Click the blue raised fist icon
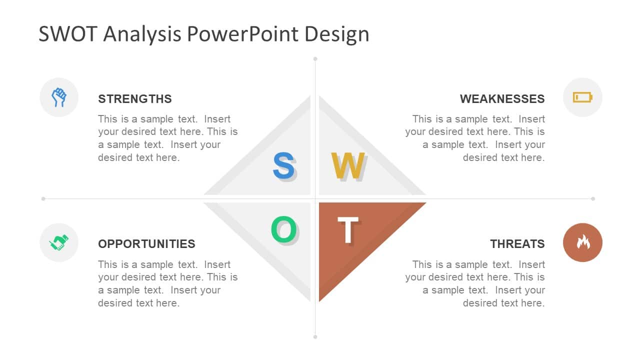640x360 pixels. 59,97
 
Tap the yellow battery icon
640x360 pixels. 582,97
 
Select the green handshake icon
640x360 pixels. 59,242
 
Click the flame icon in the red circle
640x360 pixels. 583,242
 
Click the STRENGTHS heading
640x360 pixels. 135,99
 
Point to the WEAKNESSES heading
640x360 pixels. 502,99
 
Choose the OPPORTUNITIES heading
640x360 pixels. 146,244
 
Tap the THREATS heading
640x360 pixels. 517,244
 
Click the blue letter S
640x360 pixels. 283,165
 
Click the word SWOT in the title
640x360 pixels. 68,34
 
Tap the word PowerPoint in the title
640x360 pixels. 242,34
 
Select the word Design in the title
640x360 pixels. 337,35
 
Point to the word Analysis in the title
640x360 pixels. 142,35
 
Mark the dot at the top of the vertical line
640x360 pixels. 315,59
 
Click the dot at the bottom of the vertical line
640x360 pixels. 315,337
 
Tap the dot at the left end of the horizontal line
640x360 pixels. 43,198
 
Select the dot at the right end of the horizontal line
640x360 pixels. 593,198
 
